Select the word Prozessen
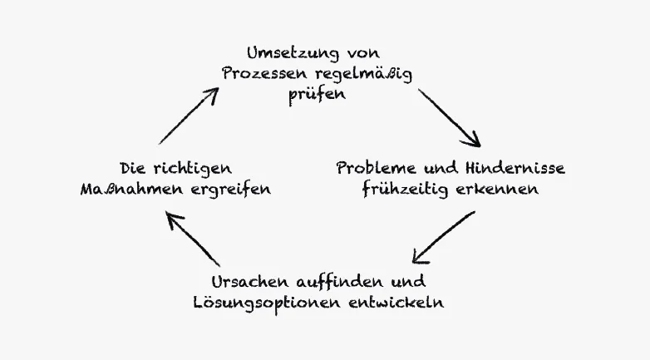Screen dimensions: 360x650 pyautogui.click(x=259, y=73)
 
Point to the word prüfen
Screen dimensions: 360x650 pyautogui.click(x=317, y=94)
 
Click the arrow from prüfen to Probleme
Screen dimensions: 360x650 pyautogui.click(x=449, y=117)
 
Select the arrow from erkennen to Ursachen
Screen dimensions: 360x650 pyautogui.click(x=444, y=236)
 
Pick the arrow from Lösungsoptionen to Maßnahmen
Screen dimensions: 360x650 pyautogui.click(x=193, y=238)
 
